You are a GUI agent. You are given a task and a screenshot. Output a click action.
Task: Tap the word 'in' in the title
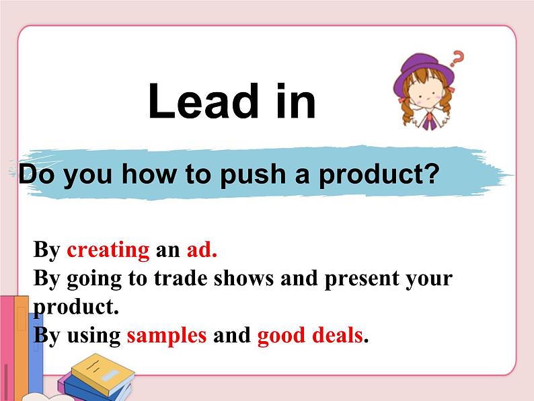pos(295,102)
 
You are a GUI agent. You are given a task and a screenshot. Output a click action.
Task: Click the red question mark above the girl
pos(458,59)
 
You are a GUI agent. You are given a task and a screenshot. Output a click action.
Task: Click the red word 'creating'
pos(108,250)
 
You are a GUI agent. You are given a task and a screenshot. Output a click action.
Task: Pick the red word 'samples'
pos(167,334)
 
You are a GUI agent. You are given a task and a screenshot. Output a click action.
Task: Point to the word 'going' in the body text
pos(91,279)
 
